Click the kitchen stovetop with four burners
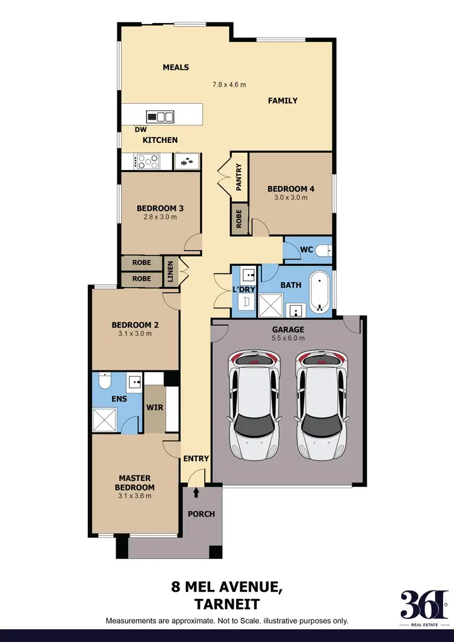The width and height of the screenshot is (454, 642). (148, 162)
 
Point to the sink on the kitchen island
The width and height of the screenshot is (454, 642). (161, 117)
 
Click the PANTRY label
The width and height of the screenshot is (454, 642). (239, 177)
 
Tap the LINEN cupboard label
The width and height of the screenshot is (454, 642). (171, 272)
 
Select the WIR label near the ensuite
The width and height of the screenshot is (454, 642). (154, 407)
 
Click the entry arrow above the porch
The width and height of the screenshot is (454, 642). (196, 493)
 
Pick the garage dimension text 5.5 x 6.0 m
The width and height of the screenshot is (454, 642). (288, 338)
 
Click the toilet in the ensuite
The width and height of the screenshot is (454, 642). (104, 382)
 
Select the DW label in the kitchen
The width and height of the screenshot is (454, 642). (140, 129)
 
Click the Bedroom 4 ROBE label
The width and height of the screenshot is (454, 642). (239, 219)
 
